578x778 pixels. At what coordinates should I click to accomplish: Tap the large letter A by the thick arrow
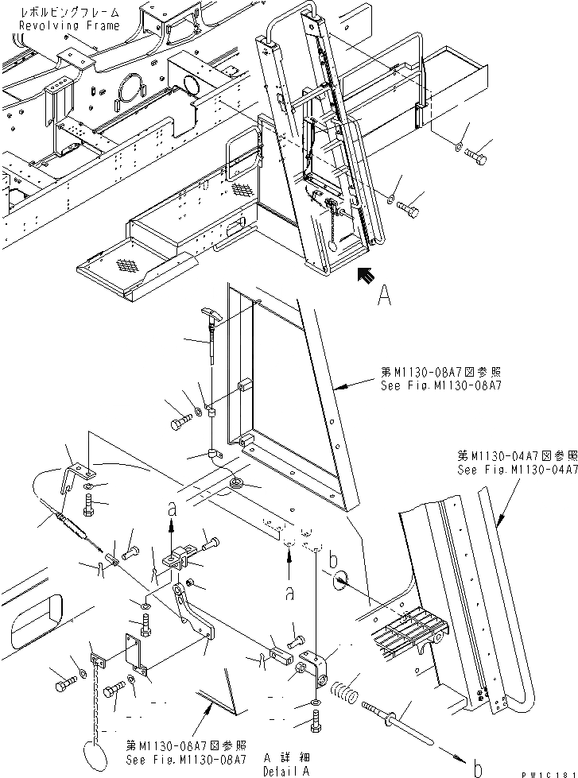tap(384, 296)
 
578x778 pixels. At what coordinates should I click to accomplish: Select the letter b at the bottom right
tap(477, 766)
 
